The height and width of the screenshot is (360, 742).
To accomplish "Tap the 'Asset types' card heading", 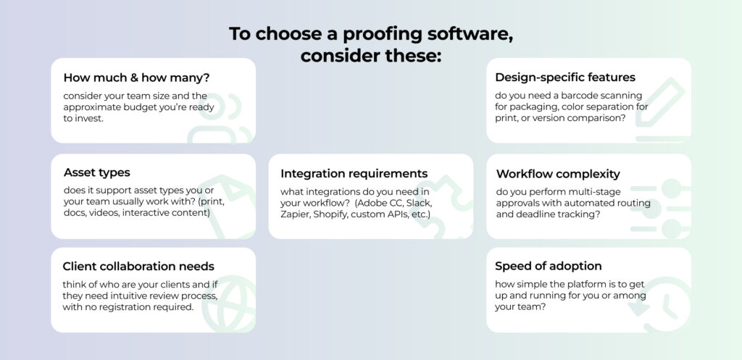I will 97,172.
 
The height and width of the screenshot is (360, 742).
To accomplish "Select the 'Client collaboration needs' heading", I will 138,267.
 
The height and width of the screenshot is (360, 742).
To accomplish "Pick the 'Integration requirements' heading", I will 354,174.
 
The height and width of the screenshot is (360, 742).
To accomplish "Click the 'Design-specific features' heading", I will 565,77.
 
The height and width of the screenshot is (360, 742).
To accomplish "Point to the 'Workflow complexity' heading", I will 558,174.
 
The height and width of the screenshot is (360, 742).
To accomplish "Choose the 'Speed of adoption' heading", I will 549,266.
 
